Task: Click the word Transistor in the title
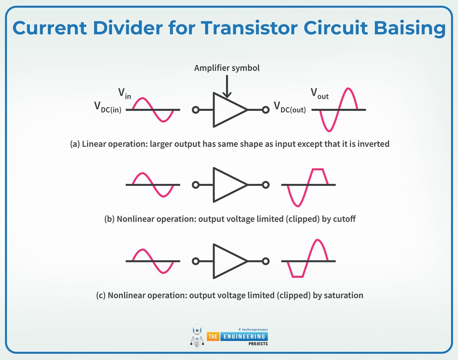click(248, 28)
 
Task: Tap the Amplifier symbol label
click(227, 68)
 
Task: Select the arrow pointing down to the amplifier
click(227, 87)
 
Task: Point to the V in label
click(124, 93)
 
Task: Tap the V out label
click(319, 94)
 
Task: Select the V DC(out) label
click(290, 107)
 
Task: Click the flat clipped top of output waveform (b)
click(318, 169)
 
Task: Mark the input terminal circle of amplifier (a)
click(195, 110)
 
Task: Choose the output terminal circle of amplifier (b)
click(266, 185)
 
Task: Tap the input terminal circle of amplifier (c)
click(195, 261)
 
